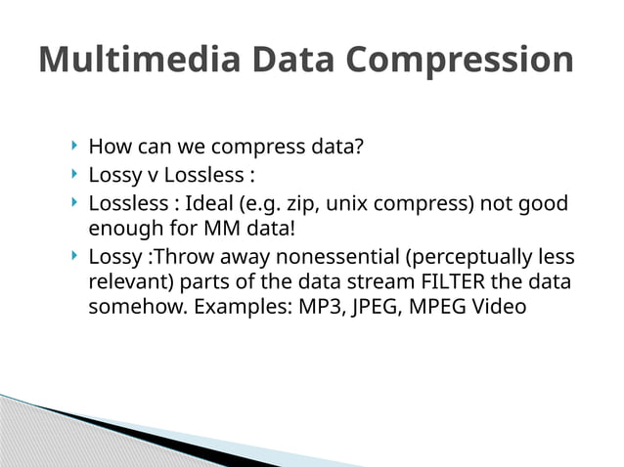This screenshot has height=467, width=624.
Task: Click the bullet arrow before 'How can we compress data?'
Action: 74,147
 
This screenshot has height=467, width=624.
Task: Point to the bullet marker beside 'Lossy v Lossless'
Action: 74,176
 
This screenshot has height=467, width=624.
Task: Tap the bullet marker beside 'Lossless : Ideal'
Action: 74,204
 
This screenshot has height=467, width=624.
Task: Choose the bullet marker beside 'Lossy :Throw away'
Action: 74,257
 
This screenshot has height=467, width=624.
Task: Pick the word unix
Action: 347,205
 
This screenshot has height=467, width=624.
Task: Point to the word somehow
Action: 132,306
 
